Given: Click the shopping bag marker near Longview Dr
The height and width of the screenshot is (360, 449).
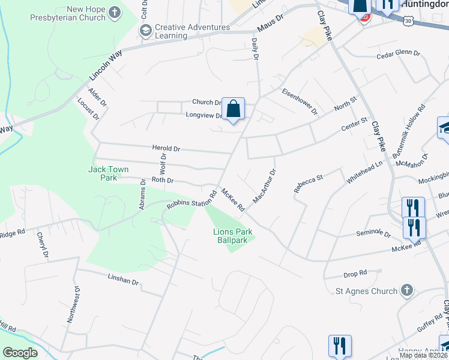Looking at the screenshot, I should [x=234, y=110].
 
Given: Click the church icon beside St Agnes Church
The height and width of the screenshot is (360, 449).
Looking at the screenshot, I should [x=407, y=291].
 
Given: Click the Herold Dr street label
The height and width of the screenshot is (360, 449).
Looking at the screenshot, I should [x=166, y=148].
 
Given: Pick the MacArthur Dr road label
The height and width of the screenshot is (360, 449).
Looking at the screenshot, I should [x=264, y=185].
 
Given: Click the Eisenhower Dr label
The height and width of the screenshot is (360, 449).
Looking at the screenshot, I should [x=300, y=102].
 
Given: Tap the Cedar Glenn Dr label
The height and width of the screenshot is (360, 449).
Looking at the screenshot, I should [x=398, y=53].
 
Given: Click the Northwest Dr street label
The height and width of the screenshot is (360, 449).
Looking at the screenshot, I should [x=76, y=305].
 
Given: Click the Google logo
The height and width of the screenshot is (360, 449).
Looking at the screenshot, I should [x=20, y=353].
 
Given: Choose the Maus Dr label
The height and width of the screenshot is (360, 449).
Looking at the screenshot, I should [x=269, y=26].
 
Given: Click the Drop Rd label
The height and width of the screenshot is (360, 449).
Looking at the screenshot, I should [x=355, y=274].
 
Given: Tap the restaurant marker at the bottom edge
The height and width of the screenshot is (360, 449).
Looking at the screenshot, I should [x=339, y=346].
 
